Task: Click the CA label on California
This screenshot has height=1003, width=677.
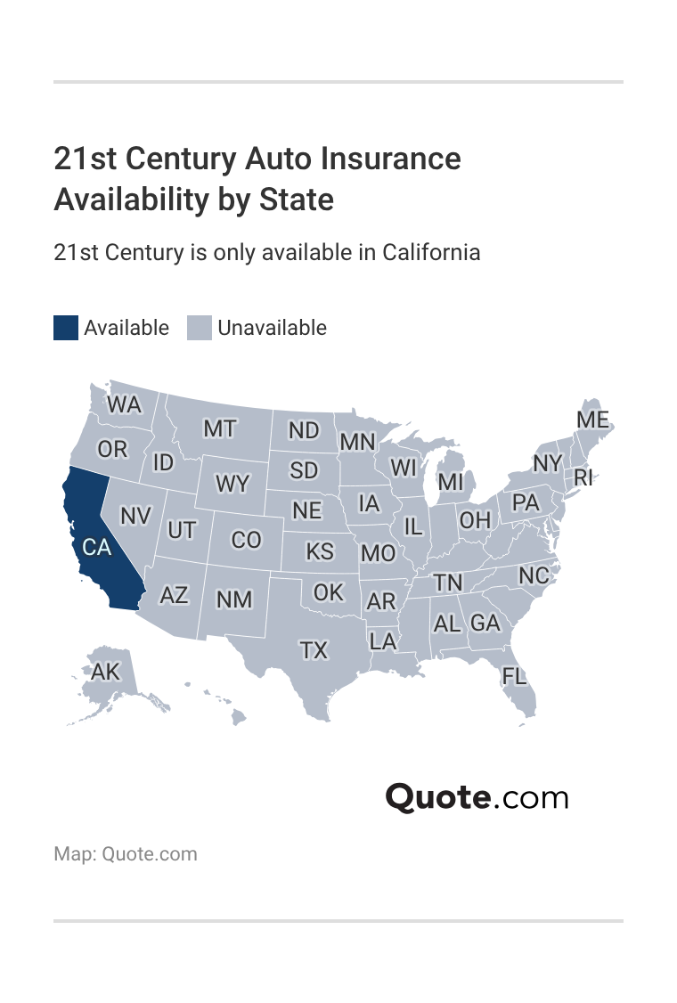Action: [96, 548]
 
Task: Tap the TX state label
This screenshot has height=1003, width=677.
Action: [314, 651]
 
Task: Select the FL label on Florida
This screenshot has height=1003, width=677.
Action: [514, 676]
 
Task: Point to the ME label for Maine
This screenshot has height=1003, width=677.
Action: [593, 420]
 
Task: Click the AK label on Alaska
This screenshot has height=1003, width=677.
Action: [105, 672]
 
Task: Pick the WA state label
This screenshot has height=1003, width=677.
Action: [124, 405]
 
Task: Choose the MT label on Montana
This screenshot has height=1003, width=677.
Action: [219, 429]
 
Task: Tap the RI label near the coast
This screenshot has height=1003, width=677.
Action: [583, 477]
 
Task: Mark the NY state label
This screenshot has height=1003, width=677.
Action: [548, 464]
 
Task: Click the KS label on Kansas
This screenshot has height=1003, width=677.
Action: [320, 551]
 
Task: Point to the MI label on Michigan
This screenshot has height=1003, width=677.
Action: [451, 482]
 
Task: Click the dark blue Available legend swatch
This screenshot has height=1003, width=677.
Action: [66, 328]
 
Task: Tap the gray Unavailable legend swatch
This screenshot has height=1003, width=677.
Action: [200, 328]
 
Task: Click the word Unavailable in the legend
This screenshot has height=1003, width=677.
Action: [272, 328]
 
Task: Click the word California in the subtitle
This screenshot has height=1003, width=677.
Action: [431, 252]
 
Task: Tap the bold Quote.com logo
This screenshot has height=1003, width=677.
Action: [477, 796]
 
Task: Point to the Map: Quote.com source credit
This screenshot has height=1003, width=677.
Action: [126, 854]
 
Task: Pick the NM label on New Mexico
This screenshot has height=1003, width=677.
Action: [234, 599]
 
